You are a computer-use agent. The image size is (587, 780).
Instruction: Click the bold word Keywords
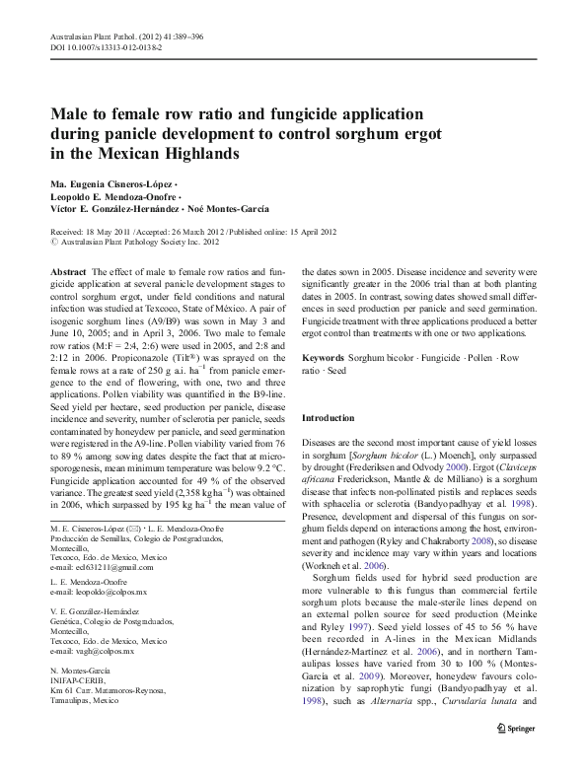pos(323,356)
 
